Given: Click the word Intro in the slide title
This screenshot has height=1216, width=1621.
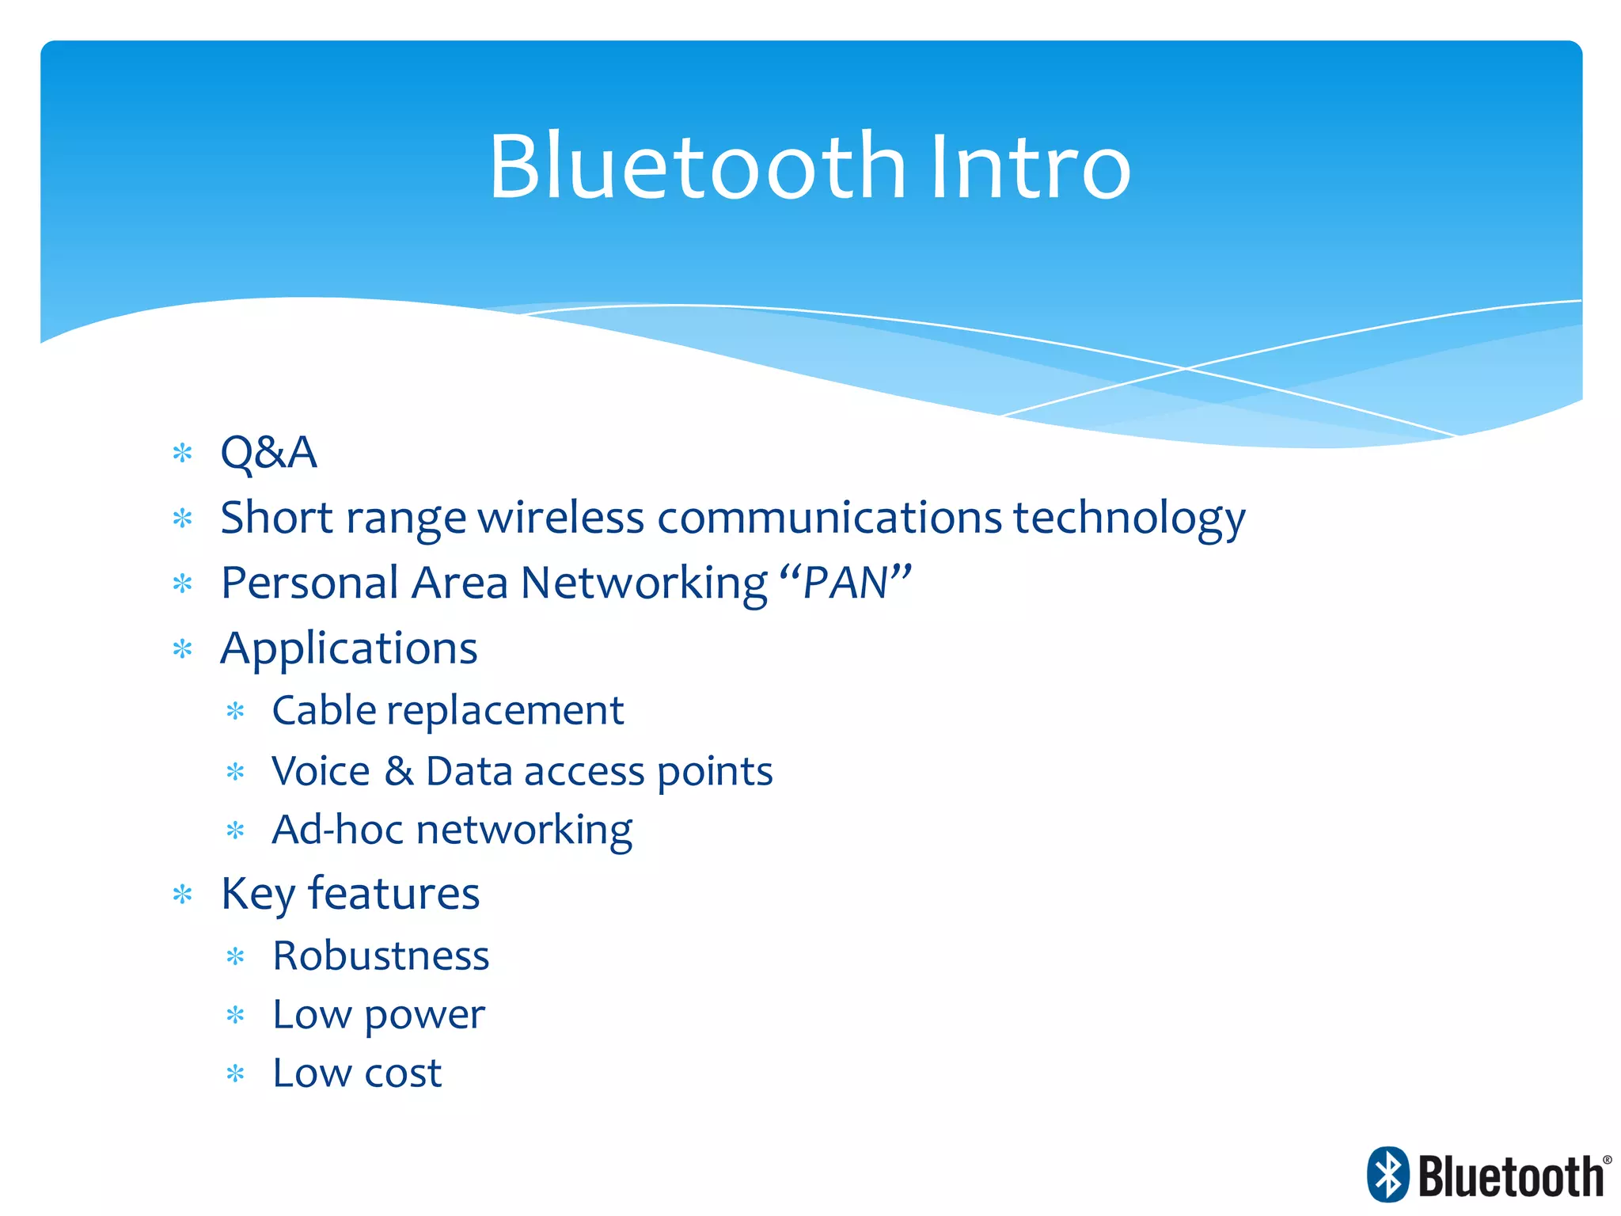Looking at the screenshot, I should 1031,168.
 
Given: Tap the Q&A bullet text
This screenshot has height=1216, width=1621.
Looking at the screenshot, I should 268,453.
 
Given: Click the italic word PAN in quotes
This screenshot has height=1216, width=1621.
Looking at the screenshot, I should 845,583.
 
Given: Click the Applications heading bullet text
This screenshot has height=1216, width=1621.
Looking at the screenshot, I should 349,649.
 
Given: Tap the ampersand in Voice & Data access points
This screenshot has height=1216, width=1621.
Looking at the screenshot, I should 399,771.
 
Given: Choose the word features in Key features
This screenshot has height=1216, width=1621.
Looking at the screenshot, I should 393,894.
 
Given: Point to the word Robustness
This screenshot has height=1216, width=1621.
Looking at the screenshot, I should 381,956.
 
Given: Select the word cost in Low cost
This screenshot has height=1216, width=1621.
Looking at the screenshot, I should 402,1074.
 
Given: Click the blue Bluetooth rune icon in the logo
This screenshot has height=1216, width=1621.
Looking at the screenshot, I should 1388,1174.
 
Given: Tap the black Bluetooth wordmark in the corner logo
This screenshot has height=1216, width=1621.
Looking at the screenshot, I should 1510,1177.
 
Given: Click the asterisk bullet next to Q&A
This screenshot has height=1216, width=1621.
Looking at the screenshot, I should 183,454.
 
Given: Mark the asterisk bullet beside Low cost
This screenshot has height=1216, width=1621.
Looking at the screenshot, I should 235,1074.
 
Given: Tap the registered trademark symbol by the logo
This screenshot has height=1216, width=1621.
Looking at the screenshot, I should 1607,1160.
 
